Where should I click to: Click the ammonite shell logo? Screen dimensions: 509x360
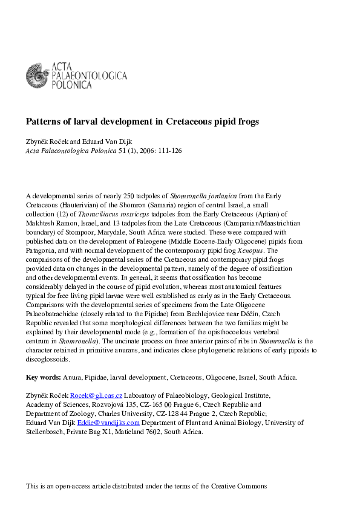pyautogui.click(x=37, y=76)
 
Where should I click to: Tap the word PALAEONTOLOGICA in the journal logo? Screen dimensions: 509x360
pyautogui.click(x=89, y=76)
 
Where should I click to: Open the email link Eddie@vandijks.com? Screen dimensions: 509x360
pyautogui.click(x=117, y=423)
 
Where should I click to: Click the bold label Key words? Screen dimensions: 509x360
pyautogui.click(x=43, y=377)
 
